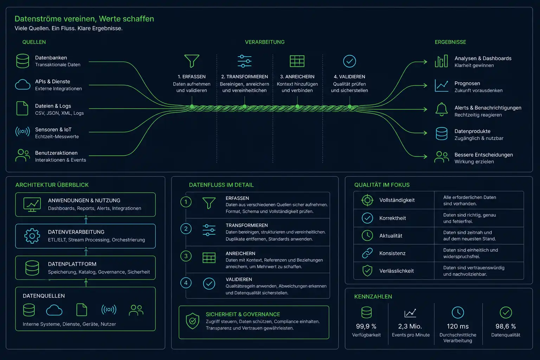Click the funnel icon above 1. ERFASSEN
[x=192, y=61]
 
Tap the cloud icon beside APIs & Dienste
[x=22, y=85]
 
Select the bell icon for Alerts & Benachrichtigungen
[x=442, y=109]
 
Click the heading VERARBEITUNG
[x=265, y=42]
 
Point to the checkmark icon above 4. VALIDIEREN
[x=349, y=61]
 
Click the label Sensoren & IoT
[x=53, y=129]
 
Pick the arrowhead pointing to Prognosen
[x=425, y=85]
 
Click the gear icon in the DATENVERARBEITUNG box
[x=32, y=236]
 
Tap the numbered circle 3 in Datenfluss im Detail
[x=186, y=256]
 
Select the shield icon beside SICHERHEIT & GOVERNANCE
[x=193, y=321]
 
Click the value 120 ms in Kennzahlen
[x=457, y=326]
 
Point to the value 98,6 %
[x=506, y=326]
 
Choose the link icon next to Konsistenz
[x=367, y=253]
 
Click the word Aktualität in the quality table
[x=391, y=236]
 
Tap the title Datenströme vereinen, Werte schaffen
[x=84, y=19]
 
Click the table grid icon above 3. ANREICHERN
[x=297, y=61]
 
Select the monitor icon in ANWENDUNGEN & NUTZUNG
[x=32, y=205]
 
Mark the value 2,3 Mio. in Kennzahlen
[x=410, y=326]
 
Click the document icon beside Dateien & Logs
[x=22, y=108]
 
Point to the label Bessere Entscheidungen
[x=484, y=155]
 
